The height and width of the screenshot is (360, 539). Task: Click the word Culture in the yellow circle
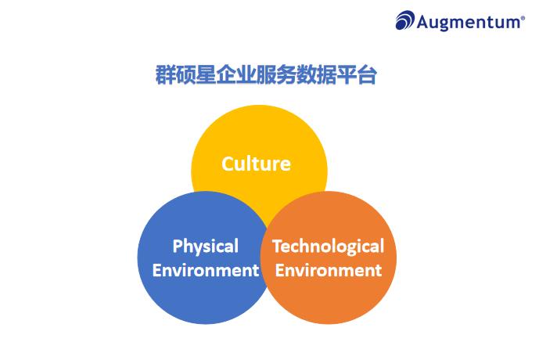tap(256, 164)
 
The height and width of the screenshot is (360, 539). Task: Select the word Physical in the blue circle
tap(205, 247)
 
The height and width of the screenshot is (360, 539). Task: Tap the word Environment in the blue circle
tap(205, 271)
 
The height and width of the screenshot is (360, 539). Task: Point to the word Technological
tap(328, 247)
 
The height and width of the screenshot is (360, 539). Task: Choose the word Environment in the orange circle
tap(329, 271)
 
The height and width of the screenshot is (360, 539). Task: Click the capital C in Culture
tap(228, 164)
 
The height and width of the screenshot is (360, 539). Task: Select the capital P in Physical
tap(178, 247)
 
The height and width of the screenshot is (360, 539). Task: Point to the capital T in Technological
tap(277, 247)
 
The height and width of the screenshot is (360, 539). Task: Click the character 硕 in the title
tap(186, 77)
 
